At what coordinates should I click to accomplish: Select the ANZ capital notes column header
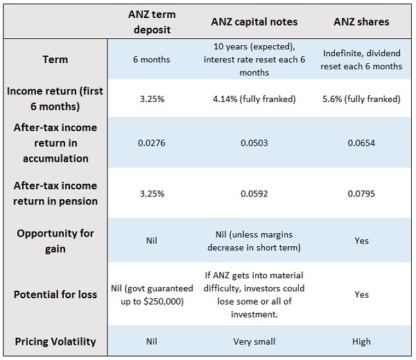click(x=254, y=22)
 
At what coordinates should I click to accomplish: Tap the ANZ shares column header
click(x=361, y=22)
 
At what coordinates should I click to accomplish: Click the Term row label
click(x=55, y=60)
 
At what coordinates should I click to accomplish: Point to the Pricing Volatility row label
click(x=55, y=341)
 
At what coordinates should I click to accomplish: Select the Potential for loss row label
click(x=55, y=294)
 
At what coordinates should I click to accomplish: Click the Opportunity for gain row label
click(x=55, y=241)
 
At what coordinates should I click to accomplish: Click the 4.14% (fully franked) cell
click(x=254, y=99)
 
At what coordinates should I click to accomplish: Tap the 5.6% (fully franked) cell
click(x=361, y=99)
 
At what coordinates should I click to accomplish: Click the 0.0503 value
click(x=254, y=143)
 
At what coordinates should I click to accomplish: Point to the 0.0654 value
click(x=361, y=143)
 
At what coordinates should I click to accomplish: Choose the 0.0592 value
click(x=254, y=194)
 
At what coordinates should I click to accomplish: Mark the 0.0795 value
click(x=361, y=194)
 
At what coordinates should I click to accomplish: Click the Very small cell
click(x=254, y=341)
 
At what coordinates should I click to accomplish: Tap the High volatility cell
click(x=361, y=341)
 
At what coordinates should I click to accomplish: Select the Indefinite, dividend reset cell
click(x=361, y=60)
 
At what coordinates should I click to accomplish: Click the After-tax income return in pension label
click(x=55, y=194)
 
